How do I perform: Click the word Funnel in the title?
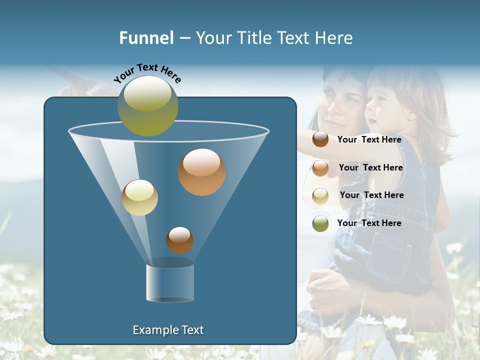pyautogui.click(x=146, y=38)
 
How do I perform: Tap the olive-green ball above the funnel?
pyautogui.click(x=148, y=106)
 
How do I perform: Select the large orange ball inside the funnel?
pyautogui.click(x=202, y=172)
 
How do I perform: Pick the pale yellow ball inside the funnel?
pyautogui.click(x=139, y=197)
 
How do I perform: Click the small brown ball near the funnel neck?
pyautogui.click(x=179, y=240)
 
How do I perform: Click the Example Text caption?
pyautogui.click(x=168, y=330)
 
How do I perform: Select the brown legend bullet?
pyautogui.click(x=320, y=139)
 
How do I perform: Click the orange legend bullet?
pyautogui.click(x=320, y=167)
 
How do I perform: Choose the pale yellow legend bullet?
pyautogui.click(x=320, y=195)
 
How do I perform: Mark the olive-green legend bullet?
pyautogui.click(x=320, y=223)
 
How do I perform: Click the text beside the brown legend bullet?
pyautogui.click(x=369, y=140)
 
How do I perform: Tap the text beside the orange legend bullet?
pyautogui.click(x=370, y=167)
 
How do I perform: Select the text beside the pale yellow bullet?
pyautogui.click(x=371, y=195)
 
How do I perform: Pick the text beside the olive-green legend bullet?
pyautogui.click(x=369, y=223)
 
